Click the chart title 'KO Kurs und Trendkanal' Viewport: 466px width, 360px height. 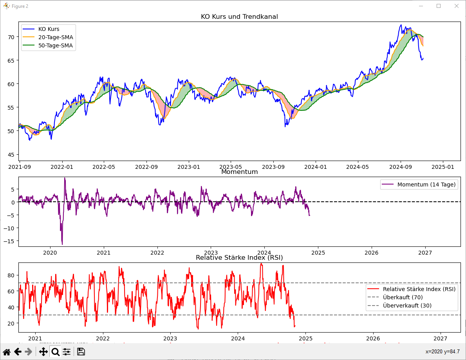239,16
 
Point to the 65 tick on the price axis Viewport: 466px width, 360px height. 11,60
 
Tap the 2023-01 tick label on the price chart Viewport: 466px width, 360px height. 189,167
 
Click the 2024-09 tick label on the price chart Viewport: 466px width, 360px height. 400,167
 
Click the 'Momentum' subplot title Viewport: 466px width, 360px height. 240,172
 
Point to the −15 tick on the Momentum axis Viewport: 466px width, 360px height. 9,241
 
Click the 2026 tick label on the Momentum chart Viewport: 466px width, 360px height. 372,253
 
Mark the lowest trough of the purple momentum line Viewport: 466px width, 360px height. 62,244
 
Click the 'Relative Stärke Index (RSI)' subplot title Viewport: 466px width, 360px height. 239,257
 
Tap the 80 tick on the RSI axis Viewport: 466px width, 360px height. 11,275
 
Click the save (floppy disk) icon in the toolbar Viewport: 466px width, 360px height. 81,352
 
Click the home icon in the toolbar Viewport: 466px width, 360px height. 7,352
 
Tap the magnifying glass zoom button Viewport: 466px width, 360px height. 55,352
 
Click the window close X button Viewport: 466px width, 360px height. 457,6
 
